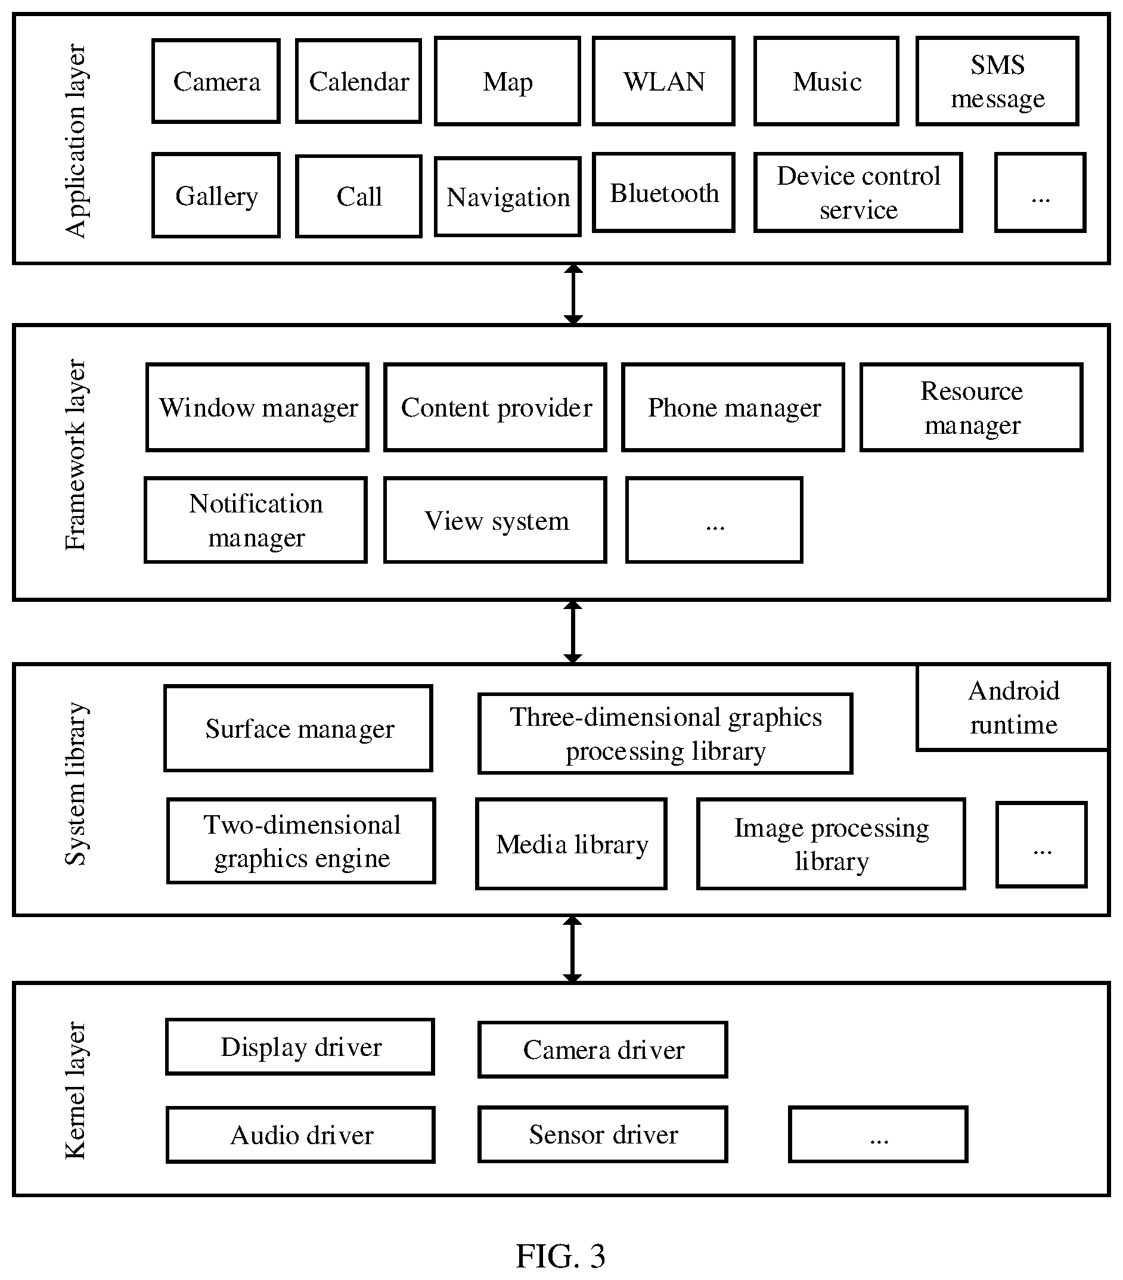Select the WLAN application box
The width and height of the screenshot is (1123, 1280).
click(663, 81)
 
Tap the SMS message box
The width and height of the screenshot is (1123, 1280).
click(997, 81)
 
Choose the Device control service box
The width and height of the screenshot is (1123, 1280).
click(858, 192)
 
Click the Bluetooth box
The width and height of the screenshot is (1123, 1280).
click(663, 192)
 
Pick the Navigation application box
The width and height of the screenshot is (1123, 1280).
click(507, 197)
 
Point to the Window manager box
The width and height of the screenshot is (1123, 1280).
click(257, 407)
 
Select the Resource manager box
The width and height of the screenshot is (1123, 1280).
click(972, 407)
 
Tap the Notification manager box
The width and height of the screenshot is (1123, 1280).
click(256, 520)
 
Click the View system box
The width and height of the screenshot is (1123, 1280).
click(495, 520)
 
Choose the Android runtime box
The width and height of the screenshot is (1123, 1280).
click(1013, 707)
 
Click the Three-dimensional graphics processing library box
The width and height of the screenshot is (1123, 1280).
click(665, 734)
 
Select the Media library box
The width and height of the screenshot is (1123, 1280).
click(571, 844)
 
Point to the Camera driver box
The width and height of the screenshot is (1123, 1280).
click(603, 1049)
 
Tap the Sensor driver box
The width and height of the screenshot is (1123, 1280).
click(603, 1134)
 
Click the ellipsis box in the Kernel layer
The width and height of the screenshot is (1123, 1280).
click(878, 1134)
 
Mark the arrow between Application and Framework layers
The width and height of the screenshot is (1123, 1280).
click(573, 294)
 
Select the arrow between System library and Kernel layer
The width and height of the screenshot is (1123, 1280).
click(572, 949)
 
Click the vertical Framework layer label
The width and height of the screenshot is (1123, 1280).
click(76, 455)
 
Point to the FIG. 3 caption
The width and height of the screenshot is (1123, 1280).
click(560, 1255)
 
